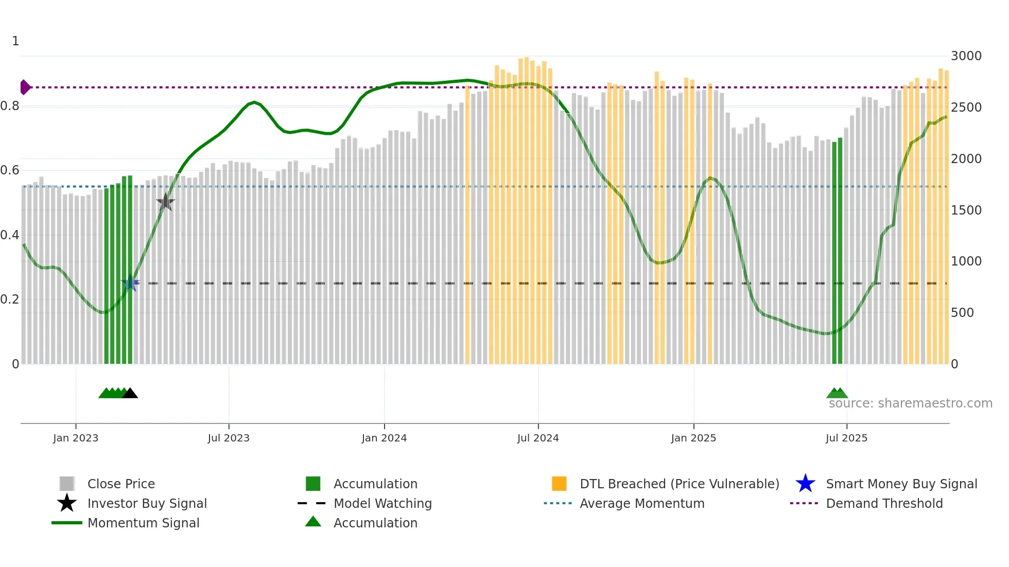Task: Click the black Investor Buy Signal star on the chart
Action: [165, 202]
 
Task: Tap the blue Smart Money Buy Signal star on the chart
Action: [130, 283]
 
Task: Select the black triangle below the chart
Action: [130, 394]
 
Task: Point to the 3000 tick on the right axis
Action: [966, 56]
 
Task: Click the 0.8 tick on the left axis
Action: [10, 107]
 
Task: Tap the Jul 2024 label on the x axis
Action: [538, 438]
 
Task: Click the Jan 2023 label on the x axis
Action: [76, 438]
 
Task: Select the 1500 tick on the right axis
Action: [966, 210]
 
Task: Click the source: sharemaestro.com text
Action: [910, 403]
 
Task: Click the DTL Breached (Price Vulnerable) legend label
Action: [679, 484]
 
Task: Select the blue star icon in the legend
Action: [805, 484]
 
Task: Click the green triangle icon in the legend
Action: [313, 522]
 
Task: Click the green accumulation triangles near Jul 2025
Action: [837, 394]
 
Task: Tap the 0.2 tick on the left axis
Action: [10, 299]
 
